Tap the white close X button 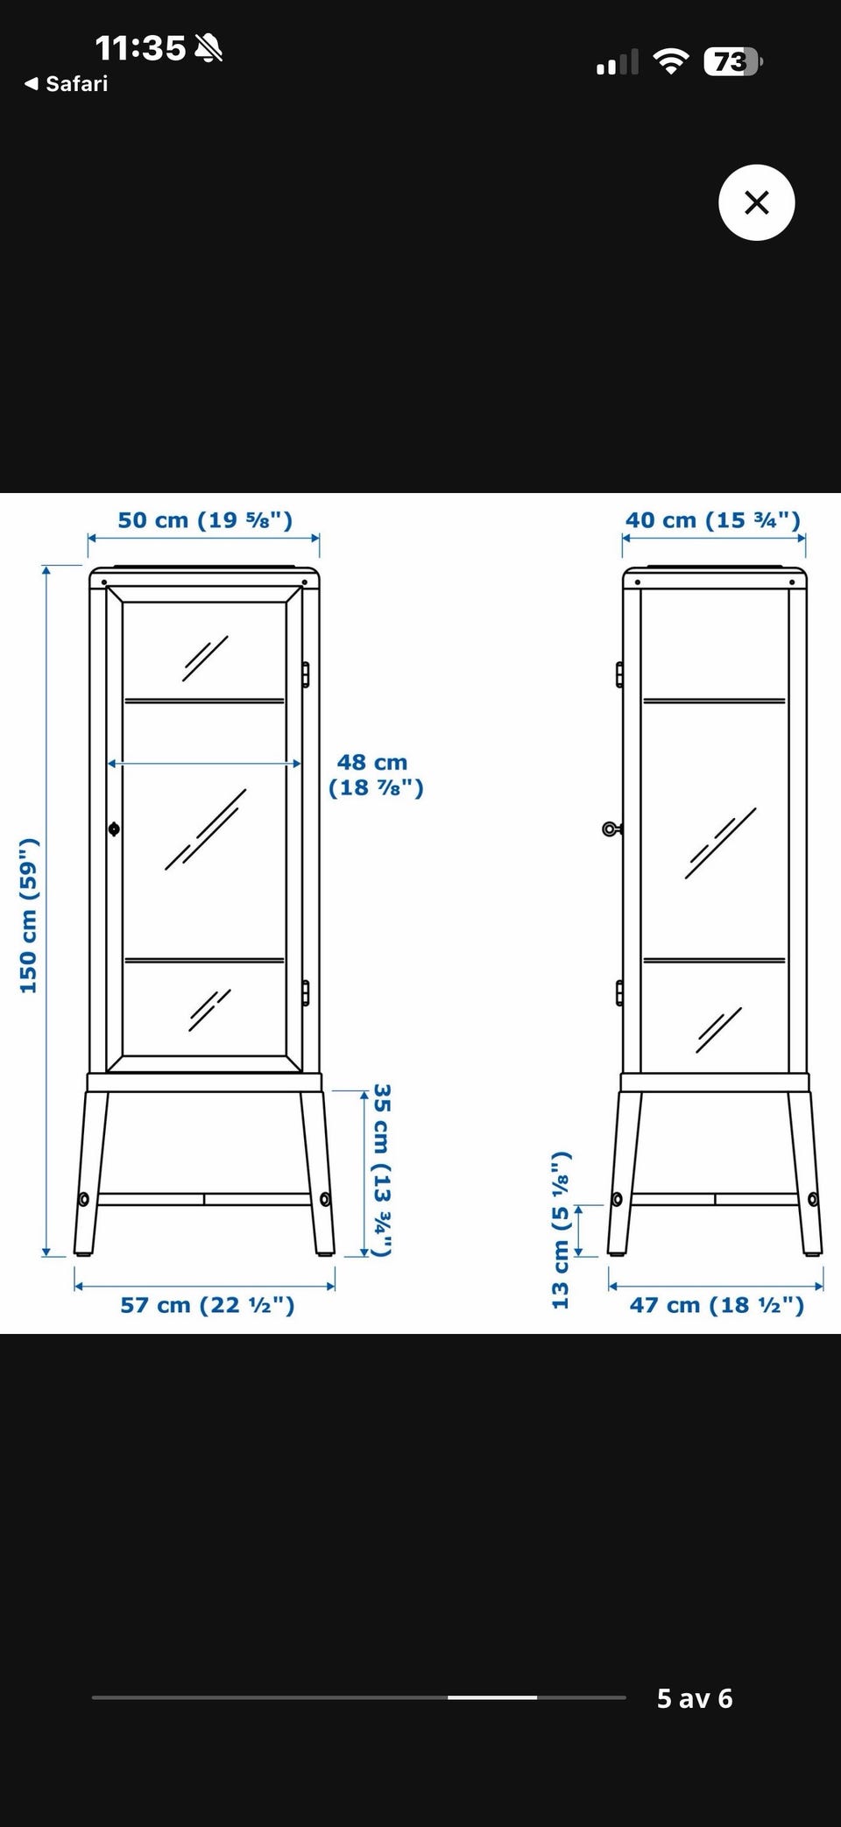point(756,202)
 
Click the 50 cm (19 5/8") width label point(205,519)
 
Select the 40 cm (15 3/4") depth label point(713,519)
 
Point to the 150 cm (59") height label point(29,915)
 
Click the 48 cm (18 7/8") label point(376,775)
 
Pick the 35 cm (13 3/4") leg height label point(381,1170)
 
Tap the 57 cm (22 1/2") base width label point(208,1305)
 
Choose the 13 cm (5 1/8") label point(561,1230)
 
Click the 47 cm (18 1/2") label point(717,1305)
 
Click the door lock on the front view point(114,829)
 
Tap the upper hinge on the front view point(305,674)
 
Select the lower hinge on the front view point(305,992)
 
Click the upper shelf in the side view point(714,701)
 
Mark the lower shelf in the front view point(204,961)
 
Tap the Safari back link point(67,84)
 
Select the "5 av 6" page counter point(695,1698)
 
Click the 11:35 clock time point(140,48)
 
